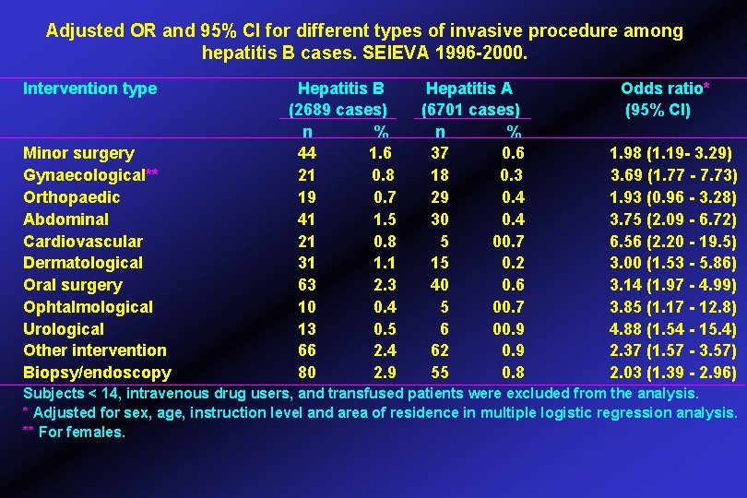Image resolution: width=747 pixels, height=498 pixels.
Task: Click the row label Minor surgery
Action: pos(78,153)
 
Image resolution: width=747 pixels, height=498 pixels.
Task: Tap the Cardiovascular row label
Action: pos(83,242)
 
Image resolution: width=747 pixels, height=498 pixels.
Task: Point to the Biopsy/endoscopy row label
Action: pos(97,373)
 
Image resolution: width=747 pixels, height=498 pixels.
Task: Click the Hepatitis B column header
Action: pos(340,89)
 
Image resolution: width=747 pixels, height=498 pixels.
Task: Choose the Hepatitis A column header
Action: pos(468,89)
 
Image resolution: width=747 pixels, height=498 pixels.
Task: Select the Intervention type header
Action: pos(89,89)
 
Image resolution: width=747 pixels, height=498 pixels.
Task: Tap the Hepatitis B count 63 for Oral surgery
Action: pos(307,285)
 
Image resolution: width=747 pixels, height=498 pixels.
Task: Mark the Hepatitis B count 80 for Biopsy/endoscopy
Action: pos(307,373)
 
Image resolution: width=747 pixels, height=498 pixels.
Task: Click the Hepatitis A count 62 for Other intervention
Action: pos(440,350)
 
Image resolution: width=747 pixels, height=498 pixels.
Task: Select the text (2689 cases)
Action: pos(338,110)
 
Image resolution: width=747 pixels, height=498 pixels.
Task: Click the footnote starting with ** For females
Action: pos(74,432)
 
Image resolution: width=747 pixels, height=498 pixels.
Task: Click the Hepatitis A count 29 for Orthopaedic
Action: pos(440,197)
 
